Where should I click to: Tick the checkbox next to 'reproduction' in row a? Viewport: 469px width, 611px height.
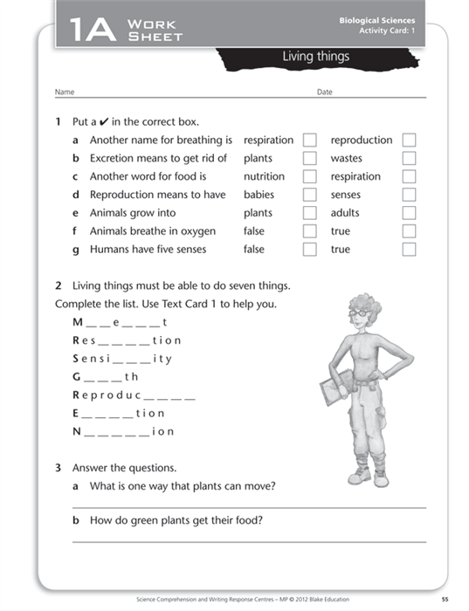pos(409,141)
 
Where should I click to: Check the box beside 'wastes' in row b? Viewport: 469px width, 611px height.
pos(409,159)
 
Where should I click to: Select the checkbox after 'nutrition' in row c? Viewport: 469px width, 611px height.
pos(309,176)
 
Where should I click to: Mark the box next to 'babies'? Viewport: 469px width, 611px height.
pos(309,195)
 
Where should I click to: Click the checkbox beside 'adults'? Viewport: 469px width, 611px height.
pos(409,213)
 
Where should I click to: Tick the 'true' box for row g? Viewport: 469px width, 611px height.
pos(409,250)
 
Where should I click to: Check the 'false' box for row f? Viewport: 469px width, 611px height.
pos(309,231)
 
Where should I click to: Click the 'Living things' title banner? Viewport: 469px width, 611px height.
pos(315,57)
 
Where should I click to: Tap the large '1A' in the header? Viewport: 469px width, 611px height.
pos(88,31)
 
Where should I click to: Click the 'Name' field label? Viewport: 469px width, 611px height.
pos(65,92)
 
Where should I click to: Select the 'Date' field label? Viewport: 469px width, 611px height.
pos(325,92)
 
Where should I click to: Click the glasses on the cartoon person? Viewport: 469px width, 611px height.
pos(359,312)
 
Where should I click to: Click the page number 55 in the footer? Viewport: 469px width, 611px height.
pos(445,599)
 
